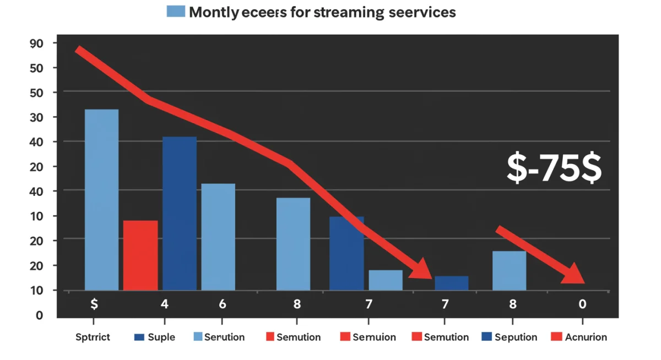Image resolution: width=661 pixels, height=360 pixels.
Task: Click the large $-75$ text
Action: tap(554, 168)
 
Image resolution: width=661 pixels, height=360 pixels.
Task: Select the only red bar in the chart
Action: tap(140, 255)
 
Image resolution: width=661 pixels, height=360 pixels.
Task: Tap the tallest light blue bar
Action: tap(101, 199)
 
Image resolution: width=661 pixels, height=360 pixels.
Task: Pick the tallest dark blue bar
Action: tap(180, 213)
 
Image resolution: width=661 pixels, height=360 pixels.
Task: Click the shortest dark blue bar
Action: tap(452, 283)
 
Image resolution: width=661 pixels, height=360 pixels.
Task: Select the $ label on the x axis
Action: tap(94, 304)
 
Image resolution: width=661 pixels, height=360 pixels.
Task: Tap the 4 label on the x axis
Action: tap(164, 304)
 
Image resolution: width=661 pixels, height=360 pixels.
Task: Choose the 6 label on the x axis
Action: tap(222, 304)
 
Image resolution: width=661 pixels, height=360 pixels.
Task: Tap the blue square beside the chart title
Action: tap(176, 12)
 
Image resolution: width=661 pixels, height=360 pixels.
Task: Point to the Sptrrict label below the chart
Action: tap(93, 337)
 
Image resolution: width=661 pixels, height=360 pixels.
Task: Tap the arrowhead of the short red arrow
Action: tap(575, 274)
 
